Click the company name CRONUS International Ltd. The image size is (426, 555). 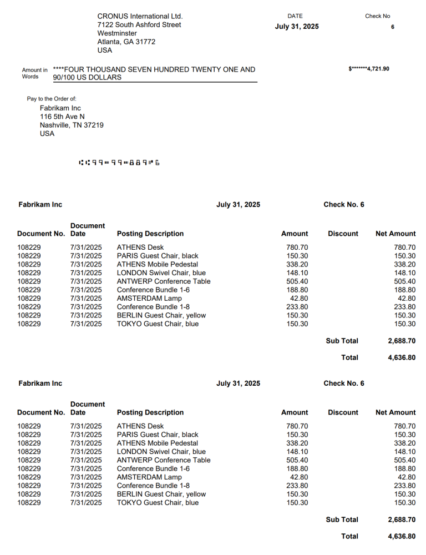(x=140, y=16)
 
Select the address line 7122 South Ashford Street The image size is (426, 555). (x=139, y=25)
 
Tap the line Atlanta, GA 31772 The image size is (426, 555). (x=126, y=42)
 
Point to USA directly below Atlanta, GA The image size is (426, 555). (x=104, y=50)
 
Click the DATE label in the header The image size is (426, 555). (x=295, y=16)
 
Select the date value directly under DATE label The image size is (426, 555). (x=297, y=27)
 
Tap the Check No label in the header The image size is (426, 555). (x=377, y=16)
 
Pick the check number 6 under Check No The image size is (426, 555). (x=393, y=27)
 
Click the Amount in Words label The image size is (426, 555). (x=34, y=73)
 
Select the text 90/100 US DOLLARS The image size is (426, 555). (x=87, y=78)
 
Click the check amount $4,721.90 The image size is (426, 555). (x=369, y=69)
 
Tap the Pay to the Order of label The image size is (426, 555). (x=52, y=99)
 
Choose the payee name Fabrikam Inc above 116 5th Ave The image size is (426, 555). (x=60, y=108)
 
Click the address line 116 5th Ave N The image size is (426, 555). (x=62, y=117)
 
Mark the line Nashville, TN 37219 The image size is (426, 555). (x=72, y=125)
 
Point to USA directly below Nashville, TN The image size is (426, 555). (x=47, y=134)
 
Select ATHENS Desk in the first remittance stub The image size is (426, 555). (x=140, y=248)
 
